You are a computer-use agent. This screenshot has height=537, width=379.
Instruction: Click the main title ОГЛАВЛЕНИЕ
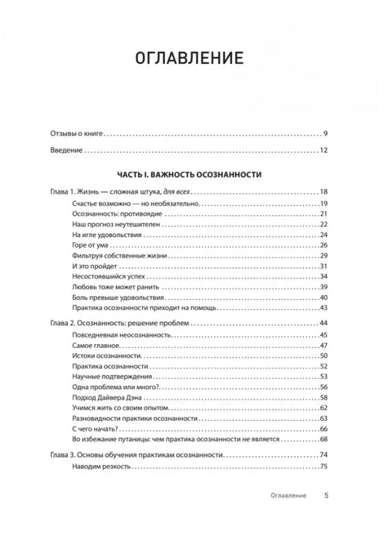coord(189,59)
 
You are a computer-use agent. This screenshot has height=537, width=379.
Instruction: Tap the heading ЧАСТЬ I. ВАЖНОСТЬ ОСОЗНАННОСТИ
coord(189,173)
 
